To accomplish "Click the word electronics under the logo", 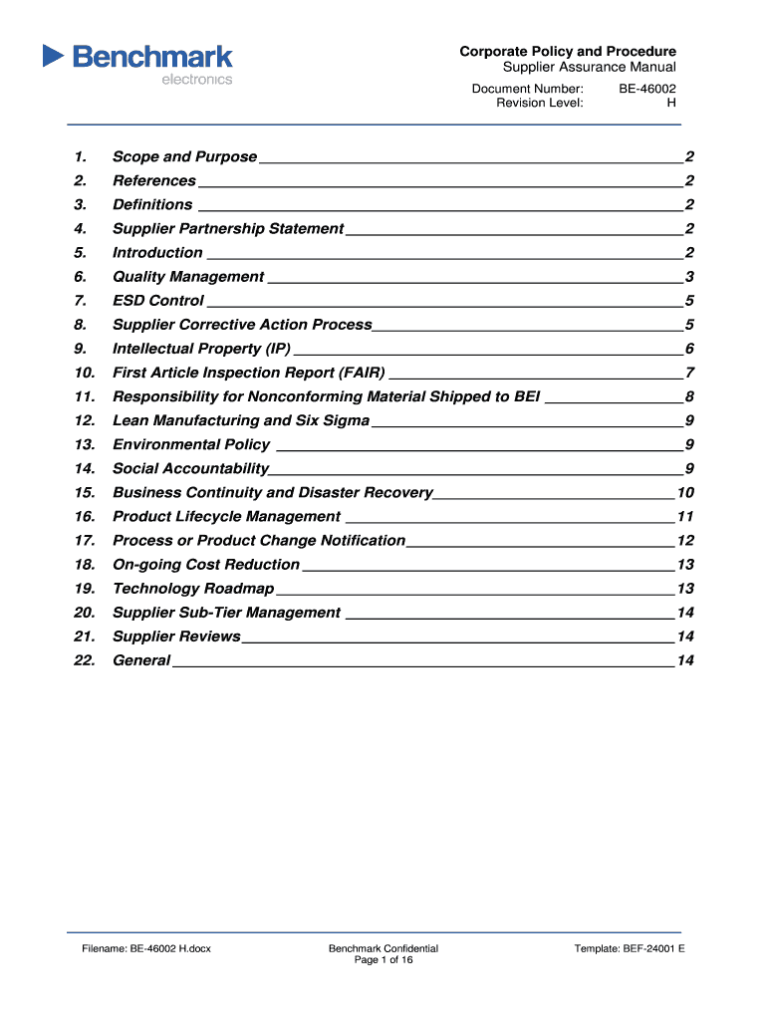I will point(196,80).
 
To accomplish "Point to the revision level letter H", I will point(671,103).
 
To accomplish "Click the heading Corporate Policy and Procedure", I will point(568,51).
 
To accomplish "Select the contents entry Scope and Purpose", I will point(184,156).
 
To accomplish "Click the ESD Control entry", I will point(157,300).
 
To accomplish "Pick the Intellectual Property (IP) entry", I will point(201,349).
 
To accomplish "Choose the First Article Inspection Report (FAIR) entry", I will point(248,373).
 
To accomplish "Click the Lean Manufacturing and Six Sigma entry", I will point(240,420).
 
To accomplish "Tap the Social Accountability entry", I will point(190,468).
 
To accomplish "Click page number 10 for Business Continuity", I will point(685,492).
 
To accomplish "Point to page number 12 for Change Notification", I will point(685,540).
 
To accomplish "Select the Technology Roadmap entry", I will point(192,588).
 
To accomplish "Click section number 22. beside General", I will point(84,660).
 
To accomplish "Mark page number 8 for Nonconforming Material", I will point(689,396).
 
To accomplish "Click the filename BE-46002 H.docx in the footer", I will point(146,948).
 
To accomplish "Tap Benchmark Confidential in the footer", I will point(383,948).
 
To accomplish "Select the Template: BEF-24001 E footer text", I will point(630,948).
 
